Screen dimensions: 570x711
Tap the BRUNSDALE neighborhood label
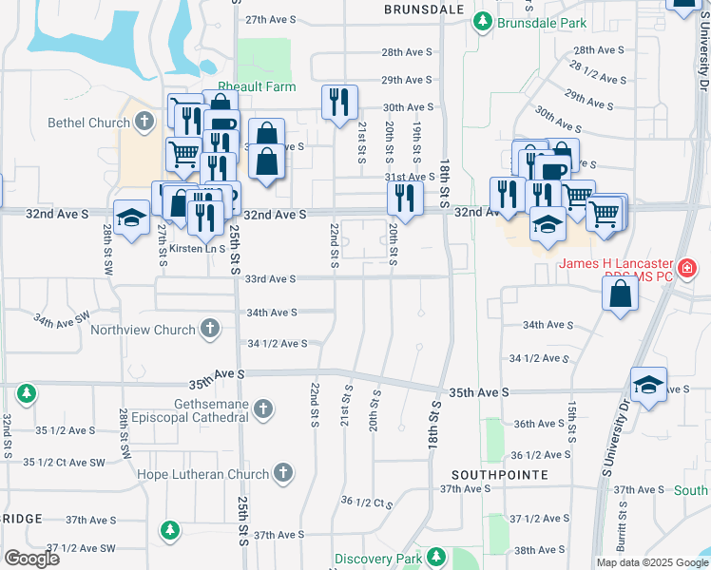(424, 9)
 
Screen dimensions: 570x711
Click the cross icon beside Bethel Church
(144, 121)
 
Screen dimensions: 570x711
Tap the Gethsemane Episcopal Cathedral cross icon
(263, 409)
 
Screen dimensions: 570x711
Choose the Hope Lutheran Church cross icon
(282, 473)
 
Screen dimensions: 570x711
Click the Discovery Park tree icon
(436, 557)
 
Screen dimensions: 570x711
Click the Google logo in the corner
(31, 558)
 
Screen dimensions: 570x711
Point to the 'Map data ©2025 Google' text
(651, 562)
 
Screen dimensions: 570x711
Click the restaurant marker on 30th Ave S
(339, 102)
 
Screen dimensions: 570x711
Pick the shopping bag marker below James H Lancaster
(620, 294)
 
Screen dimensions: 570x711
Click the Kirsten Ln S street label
(197, 249)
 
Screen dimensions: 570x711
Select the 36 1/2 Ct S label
(366, 502)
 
